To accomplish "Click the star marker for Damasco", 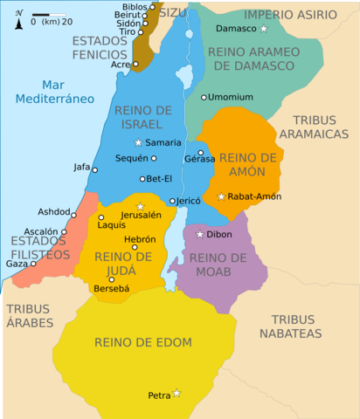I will click(x=264, y=29).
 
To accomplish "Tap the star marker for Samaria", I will click(x=137, y=142).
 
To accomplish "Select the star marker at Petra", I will click(x=177, y=394).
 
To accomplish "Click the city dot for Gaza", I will click(x=34, y=263).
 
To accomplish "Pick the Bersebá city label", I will click(x=112, y=288).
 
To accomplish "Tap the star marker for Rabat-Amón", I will click(x=221, y=196).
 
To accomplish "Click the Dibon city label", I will click(x=219, y=234).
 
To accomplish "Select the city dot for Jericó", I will click(x=172, y=201).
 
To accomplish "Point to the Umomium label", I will click(x=232, y=97).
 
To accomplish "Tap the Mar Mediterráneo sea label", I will click(x=54, y=92).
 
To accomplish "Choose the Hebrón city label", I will click(x=140, y=238).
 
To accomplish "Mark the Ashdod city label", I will click(x=54, y=211).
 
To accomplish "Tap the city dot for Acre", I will click(x=136, y=65).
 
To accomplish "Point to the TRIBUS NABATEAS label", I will click(x=296, y=326).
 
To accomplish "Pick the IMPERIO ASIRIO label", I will click(x=291, y=14).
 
